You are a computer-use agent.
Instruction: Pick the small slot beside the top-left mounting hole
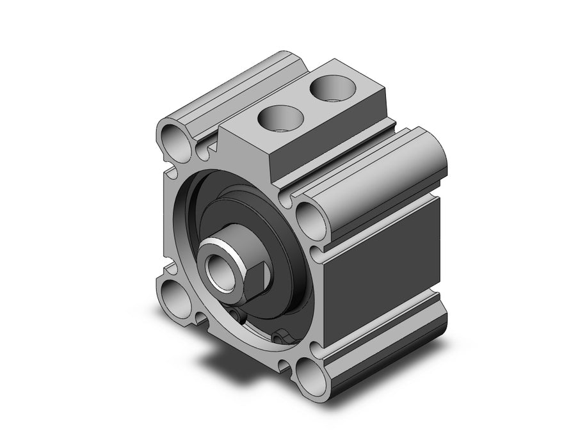pyautogui.click(x=203, y=152)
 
